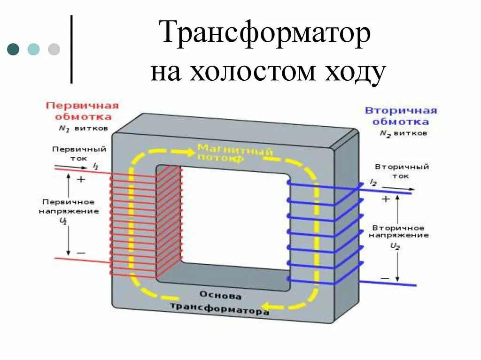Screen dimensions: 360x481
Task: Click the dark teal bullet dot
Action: click(13, 49)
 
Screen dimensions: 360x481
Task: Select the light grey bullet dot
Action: click(54, 49)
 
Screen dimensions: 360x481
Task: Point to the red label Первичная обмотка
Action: click(82, 111)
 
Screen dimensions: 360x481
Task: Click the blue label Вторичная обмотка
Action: click(401, 116)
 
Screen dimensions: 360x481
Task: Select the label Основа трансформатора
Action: click(220, 303)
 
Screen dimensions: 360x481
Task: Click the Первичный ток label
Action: click(79, 153)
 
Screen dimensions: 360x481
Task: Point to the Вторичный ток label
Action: click(402, 171)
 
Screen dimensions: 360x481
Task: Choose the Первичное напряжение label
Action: click(69, 207)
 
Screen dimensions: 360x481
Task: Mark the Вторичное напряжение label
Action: click(398, 231)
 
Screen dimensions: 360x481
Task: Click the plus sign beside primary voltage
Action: click(81, 179)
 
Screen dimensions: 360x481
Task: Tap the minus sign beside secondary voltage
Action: click(385, 278)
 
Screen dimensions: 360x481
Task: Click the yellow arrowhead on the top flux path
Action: click(189, 152)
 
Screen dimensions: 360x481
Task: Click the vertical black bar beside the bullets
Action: click(71, 49)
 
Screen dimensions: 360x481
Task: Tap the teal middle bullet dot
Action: click(33, 49)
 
